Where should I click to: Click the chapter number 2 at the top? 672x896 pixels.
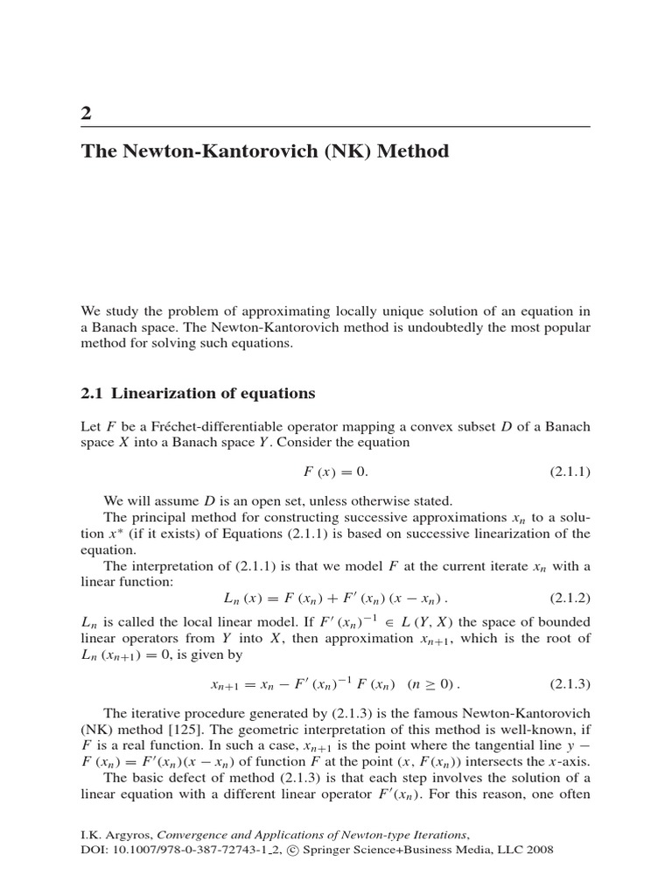(86, 114)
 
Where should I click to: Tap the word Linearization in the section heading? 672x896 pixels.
(167, 393)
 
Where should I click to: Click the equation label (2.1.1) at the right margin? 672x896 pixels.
(570, 472)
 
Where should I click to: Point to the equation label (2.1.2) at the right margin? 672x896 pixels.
(570, 598)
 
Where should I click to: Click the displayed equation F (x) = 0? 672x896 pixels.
(336, 472)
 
